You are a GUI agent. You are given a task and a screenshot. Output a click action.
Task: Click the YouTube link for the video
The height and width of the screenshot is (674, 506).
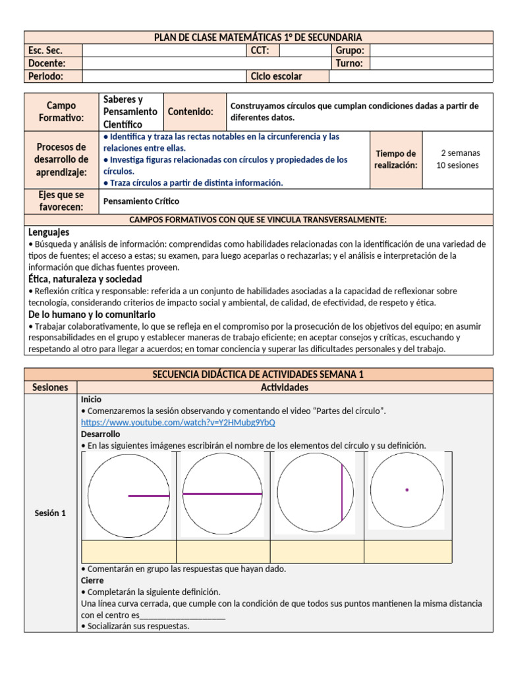click(178, 423)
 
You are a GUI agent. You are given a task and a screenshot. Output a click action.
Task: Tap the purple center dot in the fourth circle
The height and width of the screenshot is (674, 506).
click(407, 490)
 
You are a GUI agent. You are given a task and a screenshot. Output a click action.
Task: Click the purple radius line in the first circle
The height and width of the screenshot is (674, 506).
click(149, 496)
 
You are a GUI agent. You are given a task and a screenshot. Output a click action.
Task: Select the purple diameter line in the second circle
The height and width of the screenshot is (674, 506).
click(222, 493)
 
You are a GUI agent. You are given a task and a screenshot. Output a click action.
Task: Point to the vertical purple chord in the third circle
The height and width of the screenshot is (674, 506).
click(341, 492)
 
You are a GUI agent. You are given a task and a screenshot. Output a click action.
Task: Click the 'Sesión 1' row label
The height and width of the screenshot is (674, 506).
click(50, 513)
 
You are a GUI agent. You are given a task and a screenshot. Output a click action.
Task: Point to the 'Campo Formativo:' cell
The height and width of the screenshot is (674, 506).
click(61, 111)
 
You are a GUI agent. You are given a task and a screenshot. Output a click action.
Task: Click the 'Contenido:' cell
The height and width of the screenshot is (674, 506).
click(190, 112)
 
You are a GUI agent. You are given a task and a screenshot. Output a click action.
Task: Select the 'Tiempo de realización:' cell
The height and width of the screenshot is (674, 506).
click(396, 159)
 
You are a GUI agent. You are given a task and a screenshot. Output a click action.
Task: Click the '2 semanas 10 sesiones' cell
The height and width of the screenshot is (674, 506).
click(457, 159)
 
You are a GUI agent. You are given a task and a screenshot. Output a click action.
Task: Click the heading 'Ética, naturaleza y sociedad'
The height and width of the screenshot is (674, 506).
click(85, 279)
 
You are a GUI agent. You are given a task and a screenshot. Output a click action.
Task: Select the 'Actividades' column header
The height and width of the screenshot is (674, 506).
click(284, 388)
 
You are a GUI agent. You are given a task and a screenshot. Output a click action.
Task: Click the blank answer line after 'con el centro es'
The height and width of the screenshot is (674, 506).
click(183, 615)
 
